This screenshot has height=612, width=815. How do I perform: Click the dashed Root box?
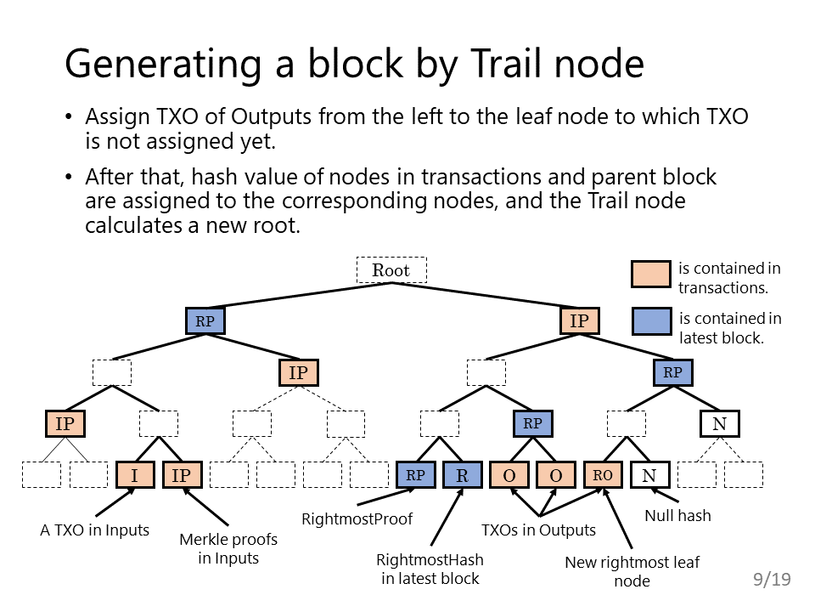pos(391,270)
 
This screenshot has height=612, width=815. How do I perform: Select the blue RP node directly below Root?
pos(205,321)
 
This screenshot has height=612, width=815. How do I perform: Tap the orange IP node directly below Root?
pos(580,320)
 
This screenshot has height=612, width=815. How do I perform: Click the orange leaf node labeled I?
pos(135,475)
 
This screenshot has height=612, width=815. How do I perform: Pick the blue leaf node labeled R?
pos(463,475)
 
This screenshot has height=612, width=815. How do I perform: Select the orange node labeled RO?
pos(603,475)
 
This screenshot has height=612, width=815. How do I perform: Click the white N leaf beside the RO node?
pos(649,475)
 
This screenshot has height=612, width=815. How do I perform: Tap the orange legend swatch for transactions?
pos(651,275)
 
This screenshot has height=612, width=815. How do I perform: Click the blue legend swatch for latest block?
pos(651,321)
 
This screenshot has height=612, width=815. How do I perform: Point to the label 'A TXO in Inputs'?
pos(94,530)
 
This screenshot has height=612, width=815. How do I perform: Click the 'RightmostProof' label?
pos(357,518)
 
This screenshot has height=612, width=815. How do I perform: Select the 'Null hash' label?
pos(677,516)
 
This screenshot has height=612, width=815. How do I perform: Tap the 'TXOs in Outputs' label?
pos(538,530)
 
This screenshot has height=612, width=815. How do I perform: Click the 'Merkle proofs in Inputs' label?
pos(228,548)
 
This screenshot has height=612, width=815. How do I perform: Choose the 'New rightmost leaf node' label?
pos(632,571)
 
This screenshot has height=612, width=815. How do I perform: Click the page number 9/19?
pos(772,579)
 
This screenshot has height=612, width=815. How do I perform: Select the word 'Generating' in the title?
pos(163,65)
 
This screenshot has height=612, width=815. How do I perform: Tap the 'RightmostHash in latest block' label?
pos(430,569)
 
